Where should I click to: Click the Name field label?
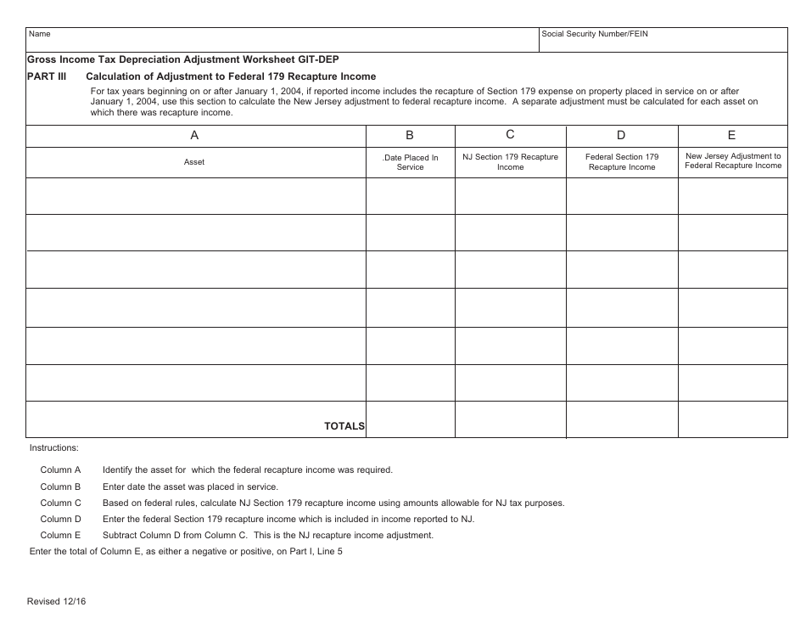coord(40,35)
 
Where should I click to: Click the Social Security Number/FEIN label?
coord(595,35)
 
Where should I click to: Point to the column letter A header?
coord(194,136)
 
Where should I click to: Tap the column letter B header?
coord(410,136)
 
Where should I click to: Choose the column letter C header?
coord(510,135)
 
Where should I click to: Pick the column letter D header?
coord(621,136)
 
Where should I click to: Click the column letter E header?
coord(732,136)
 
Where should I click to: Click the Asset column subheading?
coord(194,162)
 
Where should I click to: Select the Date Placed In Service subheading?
coord(411,162)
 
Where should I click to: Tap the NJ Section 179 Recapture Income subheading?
coord(510,162)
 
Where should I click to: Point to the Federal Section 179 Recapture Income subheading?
coord(622,162)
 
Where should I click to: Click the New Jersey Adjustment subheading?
coord(733,161)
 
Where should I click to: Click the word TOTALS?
coord(344,426)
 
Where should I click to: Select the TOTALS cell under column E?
coord(732,419)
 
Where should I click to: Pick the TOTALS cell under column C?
coord(510,419)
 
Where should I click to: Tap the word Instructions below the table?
coord(54,447)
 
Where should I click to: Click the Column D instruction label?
coord(61,519)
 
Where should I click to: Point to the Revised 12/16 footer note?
coord(57,601)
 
